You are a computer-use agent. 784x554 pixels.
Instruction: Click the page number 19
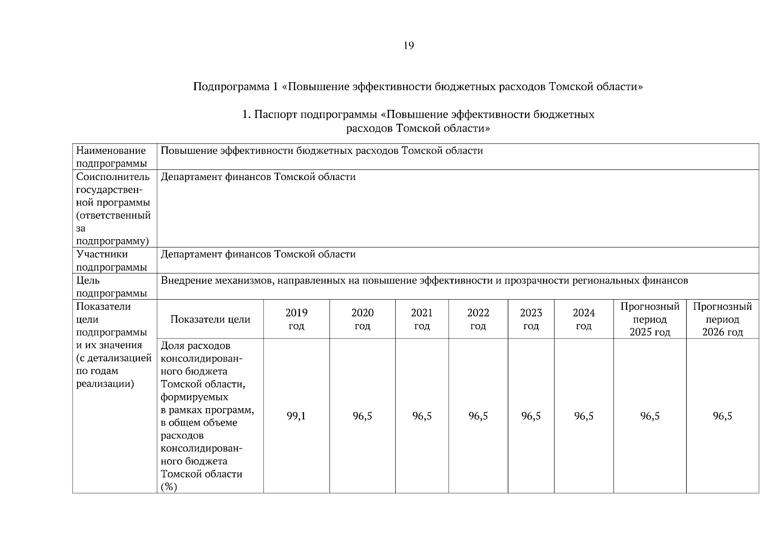click(408, 46)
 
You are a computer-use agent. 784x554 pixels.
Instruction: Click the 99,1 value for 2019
click(296, 416)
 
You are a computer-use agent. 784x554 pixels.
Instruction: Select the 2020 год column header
click(362, 319)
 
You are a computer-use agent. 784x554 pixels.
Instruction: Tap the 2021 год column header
click(422, 319)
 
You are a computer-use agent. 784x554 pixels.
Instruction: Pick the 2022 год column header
click(478, 319)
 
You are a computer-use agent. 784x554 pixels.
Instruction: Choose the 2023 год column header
click(531, 319)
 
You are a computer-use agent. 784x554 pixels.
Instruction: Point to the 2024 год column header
click(584, 319)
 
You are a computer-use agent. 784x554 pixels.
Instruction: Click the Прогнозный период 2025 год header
click(650, 319)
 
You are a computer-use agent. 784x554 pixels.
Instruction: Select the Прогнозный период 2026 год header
click(722, 319)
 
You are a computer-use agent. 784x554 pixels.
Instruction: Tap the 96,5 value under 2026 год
click(722, 416)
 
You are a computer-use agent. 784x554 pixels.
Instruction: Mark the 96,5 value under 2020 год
click(362, 416)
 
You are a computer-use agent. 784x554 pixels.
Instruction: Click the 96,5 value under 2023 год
click(531, 416)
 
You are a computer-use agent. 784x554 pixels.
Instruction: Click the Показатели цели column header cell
click(210, 319)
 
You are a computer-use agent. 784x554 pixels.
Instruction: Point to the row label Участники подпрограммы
click(109, 260)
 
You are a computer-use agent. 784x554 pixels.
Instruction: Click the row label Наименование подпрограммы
click(111, 157)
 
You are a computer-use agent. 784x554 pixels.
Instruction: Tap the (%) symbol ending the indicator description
click(169, 487)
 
